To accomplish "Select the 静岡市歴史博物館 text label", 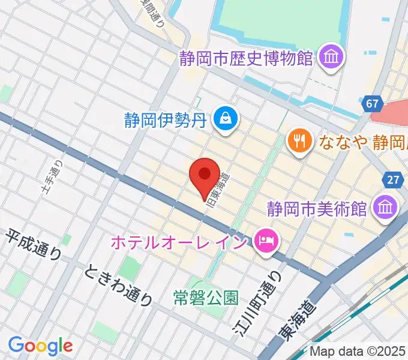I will click(x=247, y=59).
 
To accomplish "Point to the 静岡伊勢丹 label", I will click(x=165, y=120).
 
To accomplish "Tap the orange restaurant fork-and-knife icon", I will click(x=298, y=141).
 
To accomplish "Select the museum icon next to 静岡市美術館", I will click(x=384, y=208).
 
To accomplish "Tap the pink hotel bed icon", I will click(x=264, y=242).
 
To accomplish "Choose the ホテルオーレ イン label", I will click(x=179, y=243).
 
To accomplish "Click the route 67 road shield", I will click(x=373, y=104).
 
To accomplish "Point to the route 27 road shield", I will click(x=392, y=180).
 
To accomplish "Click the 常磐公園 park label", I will click(x=206, y=296).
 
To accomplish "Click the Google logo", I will click(x=40, y=345).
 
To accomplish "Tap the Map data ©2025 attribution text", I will click(x=358, y=352).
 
